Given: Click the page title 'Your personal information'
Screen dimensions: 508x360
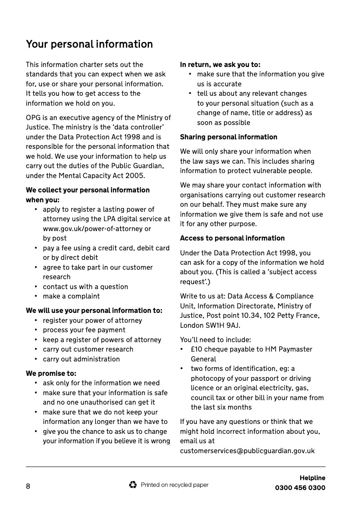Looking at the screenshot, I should click(89, 44).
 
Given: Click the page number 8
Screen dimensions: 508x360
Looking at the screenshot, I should click(28, 487).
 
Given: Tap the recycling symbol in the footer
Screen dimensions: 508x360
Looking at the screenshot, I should click(133, 485).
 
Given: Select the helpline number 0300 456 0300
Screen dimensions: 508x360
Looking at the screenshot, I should click(300, 488).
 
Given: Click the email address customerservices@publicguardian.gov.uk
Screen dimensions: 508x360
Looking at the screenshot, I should click(247, 450).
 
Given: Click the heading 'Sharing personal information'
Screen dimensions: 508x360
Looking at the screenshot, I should click(229, 137).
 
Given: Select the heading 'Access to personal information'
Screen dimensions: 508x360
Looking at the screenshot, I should click(232, 238).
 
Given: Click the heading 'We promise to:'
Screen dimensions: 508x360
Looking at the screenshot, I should click(51, 373).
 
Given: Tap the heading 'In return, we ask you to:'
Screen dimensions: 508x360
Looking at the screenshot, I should click(220, 64).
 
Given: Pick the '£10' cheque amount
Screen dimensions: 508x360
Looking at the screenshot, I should click(197, 349).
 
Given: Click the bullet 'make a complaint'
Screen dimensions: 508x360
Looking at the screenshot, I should click(71, 296).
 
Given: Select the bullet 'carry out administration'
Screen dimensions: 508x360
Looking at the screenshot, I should click(81, 359).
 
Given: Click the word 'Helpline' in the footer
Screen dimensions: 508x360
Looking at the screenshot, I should click(312, 478).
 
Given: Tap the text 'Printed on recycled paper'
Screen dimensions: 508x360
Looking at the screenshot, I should click(175, 485).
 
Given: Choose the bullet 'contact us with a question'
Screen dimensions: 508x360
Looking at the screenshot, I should click(85, 286).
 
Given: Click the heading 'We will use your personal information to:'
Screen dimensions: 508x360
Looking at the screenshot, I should click(94, 310).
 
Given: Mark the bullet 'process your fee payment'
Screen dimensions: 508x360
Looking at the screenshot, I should click(84, 330).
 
